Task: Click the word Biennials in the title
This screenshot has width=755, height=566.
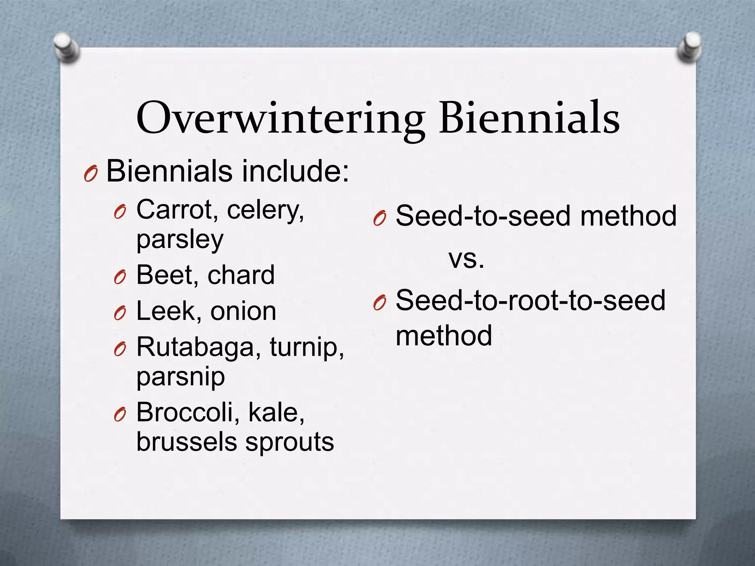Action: pos(529,118)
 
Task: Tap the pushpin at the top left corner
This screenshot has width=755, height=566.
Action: pos(66,48)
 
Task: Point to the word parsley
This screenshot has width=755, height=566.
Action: pos(180,240)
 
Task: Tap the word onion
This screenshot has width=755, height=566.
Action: pos(243,312)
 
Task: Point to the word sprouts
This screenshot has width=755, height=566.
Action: pos(290,442)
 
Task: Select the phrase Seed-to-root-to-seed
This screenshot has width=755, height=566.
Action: pos(530,300)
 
